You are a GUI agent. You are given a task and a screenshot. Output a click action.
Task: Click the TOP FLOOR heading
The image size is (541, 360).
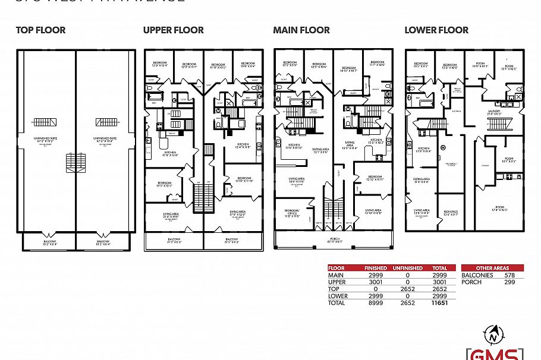(40, 30)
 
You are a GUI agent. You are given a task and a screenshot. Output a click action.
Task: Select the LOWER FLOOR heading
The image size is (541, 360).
(436, 30)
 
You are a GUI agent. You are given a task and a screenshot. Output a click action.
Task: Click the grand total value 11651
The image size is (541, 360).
(439, 302)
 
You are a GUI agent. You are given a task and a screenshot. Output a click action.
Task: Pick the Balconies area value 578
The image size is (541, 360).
(509, 275)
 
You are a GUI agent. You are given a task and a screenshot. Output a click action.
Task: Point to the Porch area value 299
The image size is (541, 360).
(509, 282)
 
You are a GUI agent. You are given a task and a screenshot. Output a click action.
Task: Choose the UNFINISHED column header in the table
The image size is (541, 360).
(408, 269)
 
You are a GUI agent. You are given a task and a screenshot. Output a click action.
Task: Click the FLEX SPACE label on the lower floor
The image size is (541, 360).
(450, 211)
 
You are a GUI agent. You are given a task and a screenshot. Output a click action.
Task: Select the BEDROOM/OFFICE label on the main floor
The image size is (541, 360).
(291, 213)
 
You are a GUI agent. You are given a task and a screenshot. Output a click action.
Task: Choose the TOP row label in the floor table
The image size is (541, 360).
(334, 289)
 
